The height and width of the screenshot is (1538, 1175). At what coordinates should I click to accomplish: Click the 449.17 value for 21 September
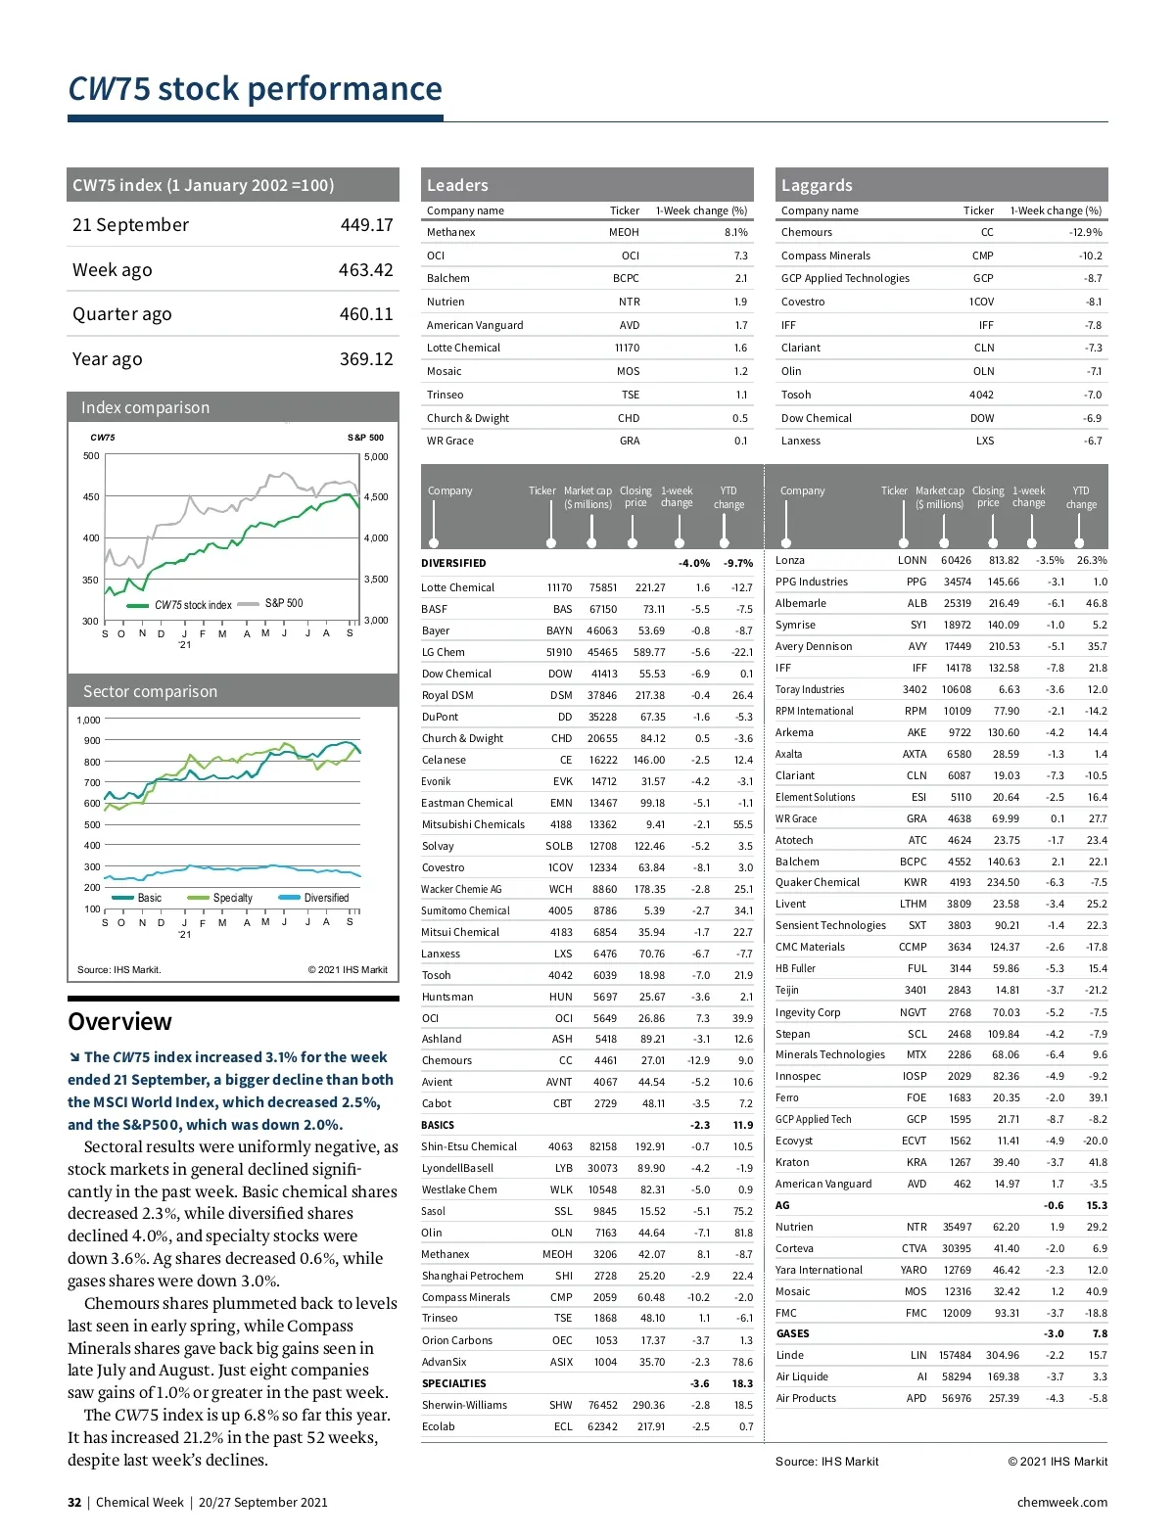click(366, 225)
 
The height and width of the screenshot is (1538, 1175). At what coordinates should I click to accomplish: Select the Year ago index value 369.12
click(366, 359)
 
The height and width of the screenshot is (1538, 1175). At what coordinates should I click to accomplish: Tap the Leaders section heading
click(457, 185)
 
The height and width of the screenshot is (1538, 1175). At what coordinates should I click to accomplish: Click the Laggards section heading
click(817, 185)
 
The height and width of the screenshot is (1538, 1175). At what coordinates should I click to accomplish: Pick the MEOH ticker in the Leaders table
click(624, 233)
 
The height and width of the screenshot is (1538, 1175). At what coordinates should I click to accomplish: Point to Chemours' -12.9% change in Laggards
click(1085, 233)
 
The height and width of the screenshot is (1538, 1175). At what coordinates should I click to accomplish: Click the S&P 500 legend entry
click(283, 604)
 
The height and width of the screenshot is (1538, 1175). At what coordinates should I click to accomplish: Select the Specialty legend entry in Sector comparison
click(232, 898)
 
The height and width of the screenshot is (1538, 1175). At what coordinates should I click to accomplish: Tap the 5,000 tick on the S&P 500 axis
click(376, 457)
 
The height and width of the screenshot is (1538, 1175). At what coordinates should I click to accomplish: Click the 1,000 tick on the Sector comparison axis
click(88, 721)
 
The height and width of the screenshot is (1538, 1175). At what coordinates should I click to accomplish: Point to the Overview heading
click(119, 1022)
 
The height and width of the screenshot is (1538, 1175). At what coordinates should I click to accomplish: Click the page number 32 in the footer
click(74, 1503)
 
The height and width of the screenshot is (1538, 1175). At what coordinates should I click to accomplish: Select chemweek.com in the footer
click(1061, 1503)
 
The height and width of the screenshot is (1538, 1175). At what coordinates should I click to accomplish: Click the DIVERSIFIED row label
click(453, 564)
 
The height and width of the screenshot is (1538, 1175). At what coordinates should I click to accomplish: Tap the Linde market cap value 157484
click(955, 1356)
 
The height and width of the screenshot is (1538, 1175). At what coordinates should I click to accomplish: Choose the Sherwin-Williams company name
click(464, 1406)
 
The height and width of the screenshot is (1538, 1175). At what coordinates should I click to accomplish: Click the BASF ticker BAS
click(562, 610)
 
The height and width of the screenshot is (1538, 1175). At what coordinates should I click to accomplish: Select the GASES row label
click(792, 1334)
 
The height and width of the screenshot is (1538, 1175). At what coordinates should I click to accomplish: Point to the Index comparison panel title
click(145, 408)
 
